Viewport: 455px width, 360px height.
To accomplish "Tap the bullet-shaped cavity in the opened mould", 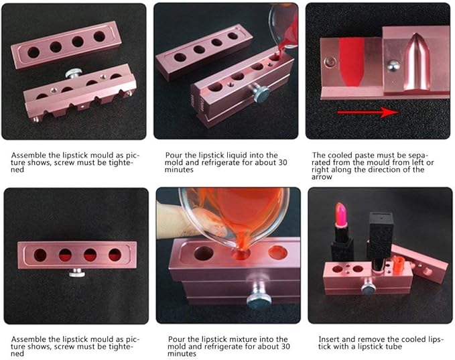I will pyautogui.click(x=413, y=63).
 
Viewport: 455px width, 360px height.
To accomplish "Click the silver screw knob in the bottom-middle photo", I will pyautogui.click(x=258, y=297).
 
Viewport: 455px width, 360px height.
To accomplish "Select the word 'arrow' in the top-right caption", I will pyautogui.click(x=325, y=177).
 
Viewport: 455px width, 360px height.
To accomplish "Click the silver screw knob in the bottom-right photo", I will pyautogui.click(x=369, y=288).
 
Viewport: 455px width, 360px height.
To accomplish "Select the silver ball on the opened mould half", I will pyautogui.click(x=394, y=66).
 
